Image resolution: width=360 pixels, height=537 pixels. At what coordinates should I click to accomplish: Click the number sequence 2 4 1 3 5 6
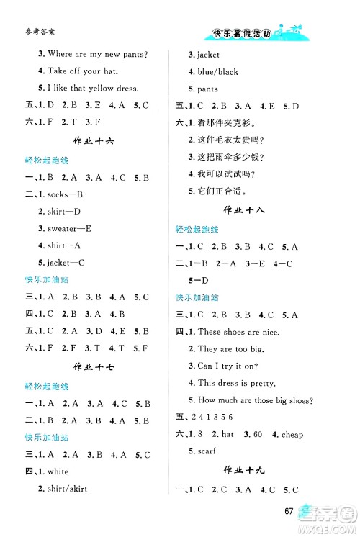coord(214,418)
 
